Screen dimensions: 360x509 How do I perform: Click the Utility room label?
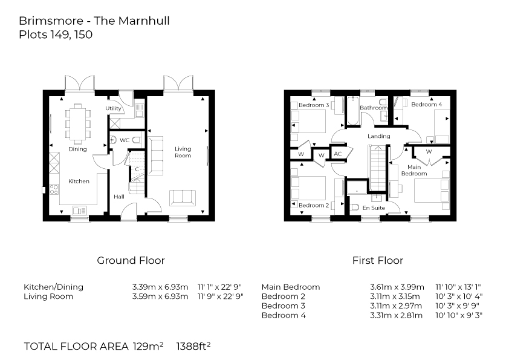(114, 109)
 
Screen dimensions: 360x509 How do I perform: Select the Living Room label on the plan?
(183, 152)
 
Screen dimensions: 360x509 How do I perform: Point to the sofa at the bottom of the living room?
(182, 197)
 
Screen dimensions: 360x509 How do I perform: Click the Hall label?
(119, 197)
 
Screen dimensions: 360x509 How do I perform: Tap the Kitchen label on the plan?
(79, 181)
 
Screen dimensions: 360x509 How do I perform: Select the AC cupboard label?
(337, 154)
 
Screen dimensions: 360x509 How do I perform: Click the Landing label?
(379, 136)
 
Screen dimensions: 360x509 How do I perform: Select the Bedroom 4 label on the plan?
(426, 105)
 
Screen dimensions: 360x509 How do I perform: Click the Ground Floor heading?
(131, 261)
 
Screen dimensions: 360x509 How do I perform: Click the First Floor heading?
(377, 261)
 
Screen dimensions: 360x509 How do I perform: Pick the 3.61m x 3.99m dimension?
(396, 287)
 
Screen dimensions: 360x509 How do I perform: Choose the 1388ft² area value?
(193, 347)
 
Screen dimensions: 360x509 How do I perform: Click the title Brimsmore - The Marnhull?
(94, 21)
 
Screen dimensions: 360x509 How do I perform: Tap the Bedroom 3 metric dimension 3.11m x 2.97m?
(396, 306)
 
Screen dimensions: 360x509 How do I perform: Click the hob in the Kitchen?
(54, 189)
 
